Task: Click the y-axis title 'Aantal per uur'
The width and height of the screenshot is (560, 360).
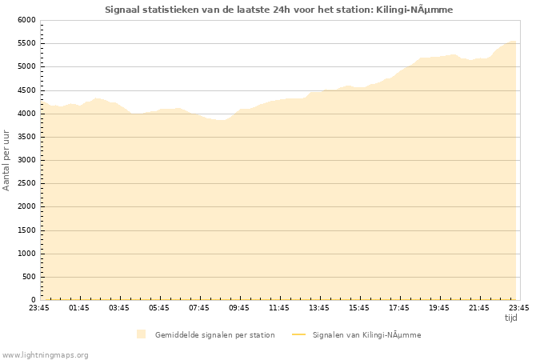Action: [7, 160]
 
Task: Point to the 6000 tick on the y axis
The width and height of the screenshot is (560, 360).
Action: [26, 20]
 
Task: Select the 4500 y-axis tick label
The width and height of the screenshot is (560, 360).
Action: [26, 90]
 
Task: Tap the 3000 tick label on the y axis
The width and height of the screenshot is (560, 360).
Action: [26, 160]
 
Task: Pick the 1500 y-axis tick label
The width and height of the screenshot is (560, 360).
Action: [26, 230]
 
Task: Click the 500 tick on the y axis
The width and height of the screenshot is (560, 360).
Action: [29, 277]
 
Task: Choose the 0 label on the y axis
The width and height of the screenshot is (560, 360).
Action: [33, 300]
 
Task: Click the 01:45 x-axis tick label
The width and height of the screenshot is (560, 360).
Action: [79, 308]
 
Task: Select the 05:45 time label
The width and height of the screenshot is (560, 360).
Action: [159, 308]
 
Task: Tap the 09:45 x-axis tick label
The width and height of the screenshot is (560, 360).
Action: [239, 308]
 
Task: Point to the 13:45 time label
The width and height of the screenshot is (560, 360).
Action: [319, 308]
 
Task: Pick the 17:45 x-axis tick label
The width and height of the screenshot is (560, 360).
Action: [399, 308]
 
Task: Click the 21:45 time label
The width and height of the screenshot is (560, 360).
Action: [479, 308]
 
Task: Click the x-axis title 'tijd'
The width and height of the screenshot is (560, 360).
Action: [511, 318]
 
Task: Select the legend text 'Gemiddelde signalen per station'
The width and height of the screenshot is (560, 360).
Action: [214, 335]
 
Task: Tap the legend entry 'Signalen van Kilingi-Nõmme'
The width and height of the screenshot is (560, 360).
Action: [366, 335]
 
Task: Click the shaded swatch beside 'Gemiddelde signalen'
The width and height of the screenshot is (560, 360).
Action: [142, 334]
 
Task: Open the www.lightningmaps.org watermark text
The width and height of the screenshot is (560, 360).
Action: [46, 355]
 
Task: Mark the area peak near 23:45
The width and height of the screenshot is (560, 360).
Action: [512, 41]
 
